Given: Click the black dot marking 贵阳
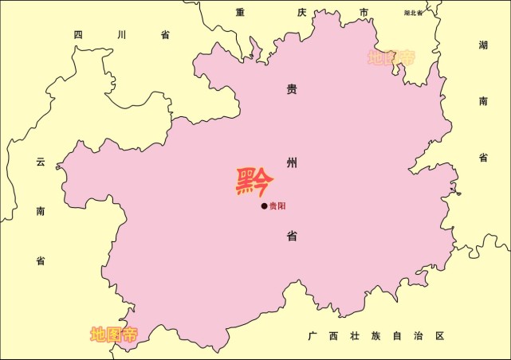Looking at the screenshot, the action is [x=264, y=206].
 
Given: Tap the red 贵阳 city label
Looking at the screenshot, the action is [x=277, y=206].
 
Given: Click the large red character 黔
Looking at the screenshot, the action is [x=254, y=182].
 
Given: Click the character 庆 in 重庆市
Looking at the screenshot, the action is [x=301, y=12].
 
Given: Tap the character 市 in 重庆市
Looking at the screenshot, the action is [x=364, y=12].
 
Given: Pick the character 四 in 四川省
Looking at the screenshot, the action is [x=78, y=34].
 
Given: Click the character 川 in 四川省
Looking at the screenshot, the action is [x=121, y=34].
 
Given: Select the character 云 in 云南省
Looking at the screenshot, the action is [x=40, y=162].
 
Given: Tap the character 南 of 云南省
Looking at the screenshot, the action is [x=40, y=211].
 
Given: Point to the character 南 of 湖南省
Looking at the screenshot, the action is [x=483, y=101].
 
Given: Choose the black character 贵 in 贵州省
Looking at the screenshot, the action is [x=292, y=90].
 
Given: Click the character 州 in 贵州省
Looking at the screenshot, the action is [x=292, y=163].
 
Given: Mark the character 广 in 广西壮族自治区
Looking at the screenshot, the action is [x=313, y=336].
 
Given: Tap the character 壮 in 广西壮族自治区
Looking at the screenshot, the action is [x=355, y=336].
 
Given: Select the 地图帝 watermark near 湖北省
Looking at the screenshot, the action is [x=391, y=57].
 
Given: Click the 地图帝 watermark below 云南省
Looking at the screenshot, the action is [x=114, y=335].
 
